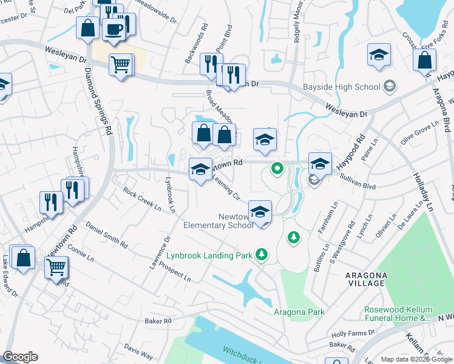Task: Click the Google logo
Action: (x=20, y=357)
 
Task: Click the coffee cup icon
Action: (x=113, y=28)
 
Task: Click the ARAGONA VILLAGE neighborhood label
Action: (x=365, y=279)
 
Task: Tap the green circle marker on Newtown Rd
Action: (x=277, y=168)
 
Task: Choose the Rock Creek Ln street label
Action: (x=142, y=198)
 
